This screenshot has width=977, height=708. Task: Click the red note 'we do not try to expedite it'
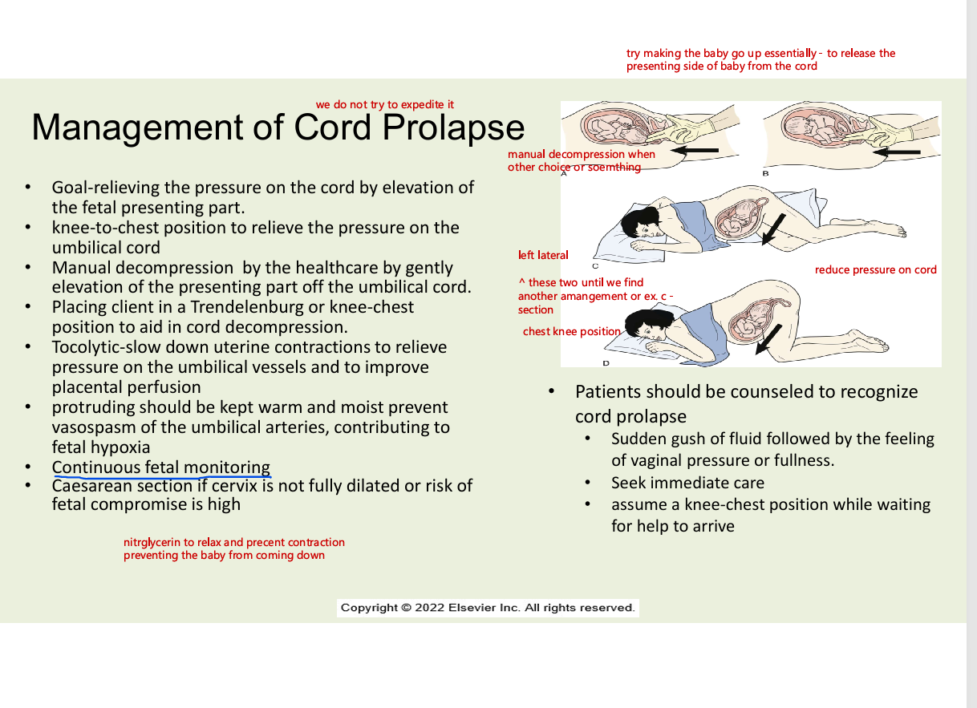385,104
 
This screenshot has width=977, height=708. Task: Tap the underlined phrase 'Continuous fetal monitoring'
161,467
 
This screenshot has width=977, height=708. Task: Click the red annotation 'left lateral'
543,255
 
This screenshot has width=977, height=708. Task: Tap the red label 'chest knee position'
571,331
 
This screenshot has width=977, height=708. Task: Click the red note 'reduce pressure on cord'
875,269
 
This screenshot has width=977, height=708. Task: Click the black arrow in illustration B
896,152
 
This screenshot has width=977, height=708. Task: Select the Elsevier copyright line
488,608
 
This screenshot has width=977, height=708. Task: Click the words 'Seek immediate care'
687,483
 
